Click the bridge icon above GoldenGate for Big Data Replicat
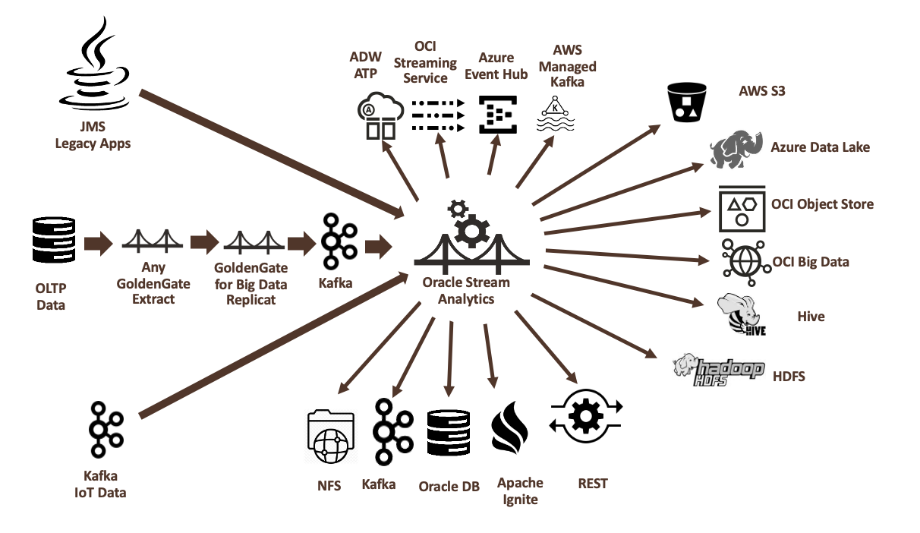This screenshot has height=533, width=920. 255,242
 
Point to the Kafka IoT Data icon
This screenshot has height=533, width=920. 106,429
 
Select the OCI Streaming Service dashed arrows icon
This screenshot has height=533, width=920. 436,115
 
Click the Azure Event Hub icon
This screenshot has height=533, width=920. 498,115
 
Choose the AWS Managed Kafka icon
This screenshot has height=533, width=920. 556,115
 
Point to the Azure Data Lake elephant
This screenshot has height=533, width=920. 736,150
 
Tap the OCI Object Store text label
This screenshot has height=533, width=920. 822,204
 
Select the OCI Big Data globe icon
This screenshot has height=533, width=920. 742,260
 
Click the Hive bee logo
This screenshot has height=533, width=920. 741,314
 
